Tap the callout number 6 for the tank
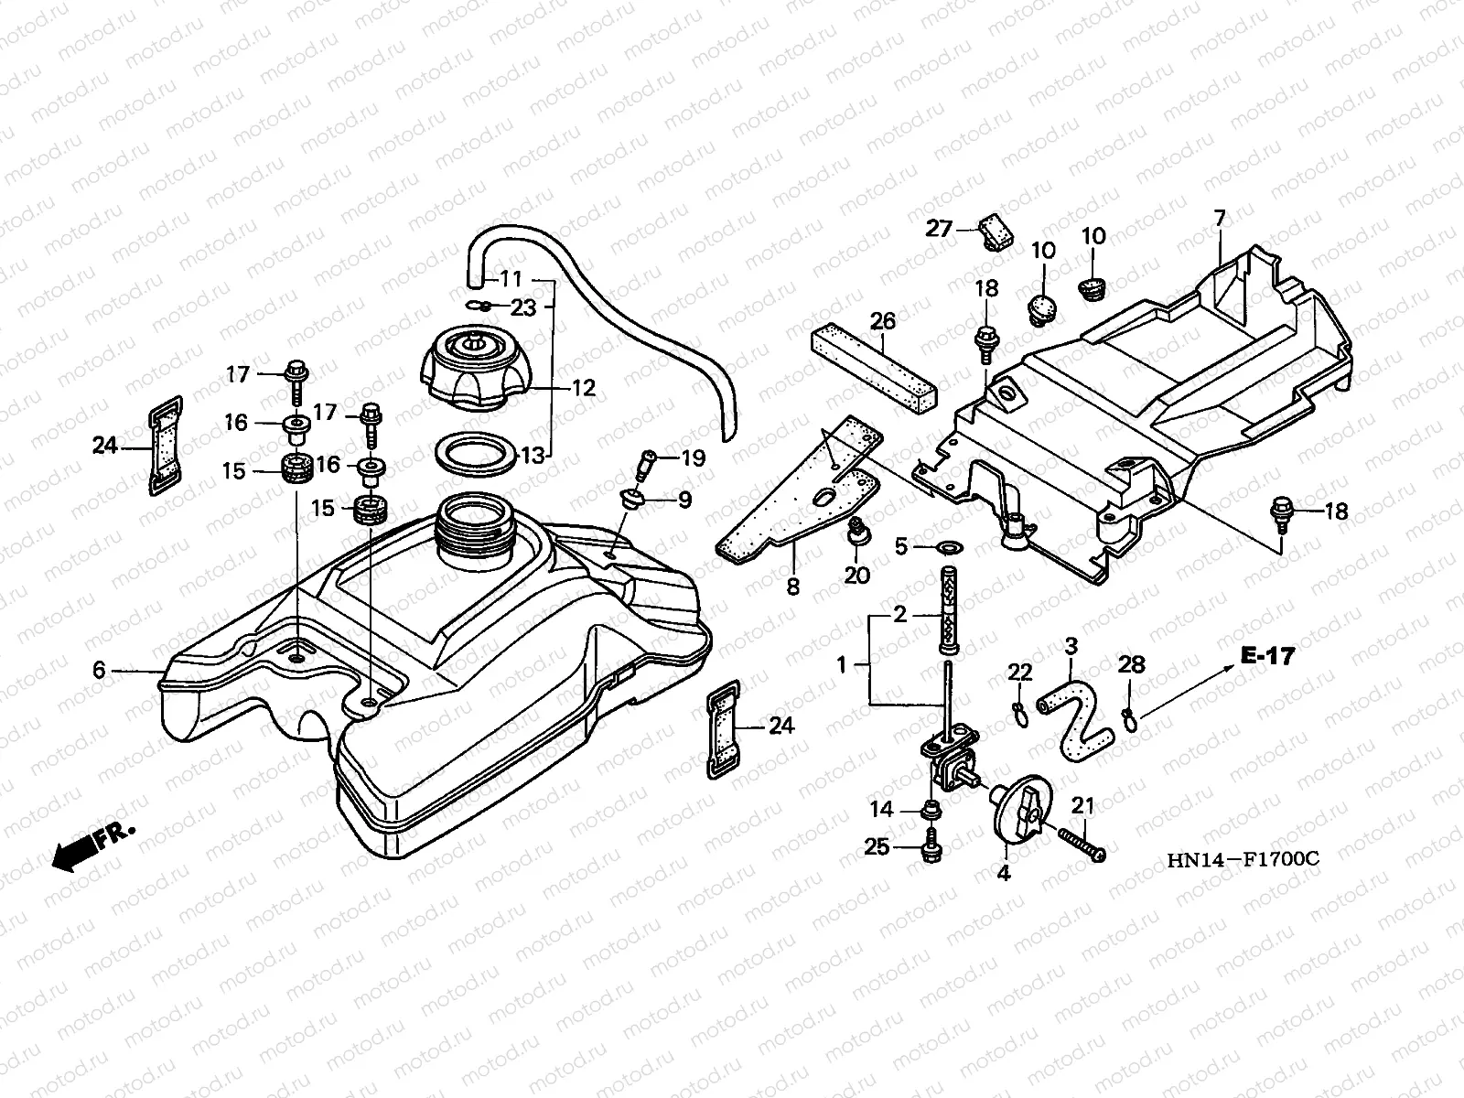[99, 671]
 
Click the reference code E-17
[1267, 655]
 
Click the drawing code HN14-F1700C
[1242, 860]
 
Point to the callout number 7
[1219, 218]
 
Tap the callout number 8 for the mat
[792, 587]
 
